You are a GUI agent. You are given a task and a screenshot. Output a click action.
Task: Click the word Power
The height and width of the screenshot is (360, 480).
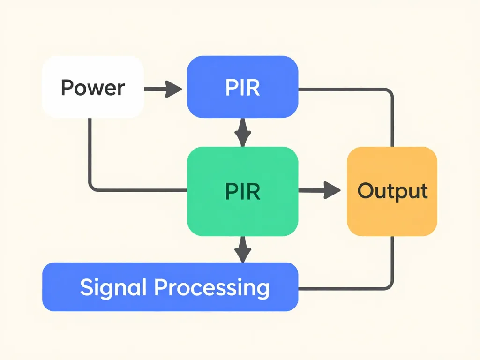pyautogui.click(x=93, y=88)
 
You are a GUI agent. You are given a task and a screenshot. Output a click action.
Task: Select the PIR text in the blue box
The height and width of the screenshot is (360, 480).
pyautogui.click(x=242, y=88)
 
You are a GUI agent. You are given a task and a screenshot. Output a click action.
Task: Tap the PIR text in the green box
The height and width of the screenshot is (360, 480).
pyautogui.click(x=242, y=191)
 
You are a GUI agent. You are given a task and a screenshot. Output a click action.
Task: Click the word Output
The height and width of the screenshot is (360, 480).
pyautogui.click(x=392, y=191)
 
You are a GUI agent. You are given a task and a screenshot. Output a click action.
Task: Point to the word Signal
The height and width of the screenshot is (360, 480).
pyautogui.click(x=114, y=287)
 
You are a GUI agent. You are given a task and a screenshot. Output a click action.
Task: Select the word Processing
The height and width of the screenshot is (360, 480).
pyautogui.click(x=212, y=287)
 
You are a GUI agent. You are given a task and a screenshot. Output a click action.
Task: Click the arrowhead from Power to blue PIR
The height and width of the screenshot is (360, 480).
pyautogui.click(x=173, y=88)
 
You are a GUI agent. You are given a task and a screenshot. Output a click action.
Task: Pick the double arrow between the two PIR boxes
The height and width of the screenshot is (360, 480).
pyautogui.click(x=242, y=132)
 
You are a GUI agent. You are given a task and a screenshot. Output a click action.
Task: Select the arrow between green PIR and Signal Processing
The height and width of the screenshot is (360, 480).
pyautogui.click(x=242, y=249)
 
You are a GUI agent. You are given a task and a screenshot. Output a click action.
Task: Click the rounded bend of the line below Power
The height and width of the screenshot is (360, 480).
pyautogui.click(x=92, y=187)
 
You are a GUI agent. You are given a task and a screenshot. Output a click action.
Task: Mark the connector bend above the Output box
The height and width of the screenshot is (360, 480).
pyautogui.click(x=389, y=92)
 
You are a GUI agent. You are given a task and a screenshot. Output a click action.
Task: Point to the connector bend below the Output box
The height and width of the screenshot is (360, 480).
pyautogui.click(x=389, y=285)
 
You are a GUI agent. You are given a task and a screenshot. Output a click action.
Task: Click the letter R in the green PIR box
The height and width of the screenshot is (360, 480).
pyautogui.click(x=254, y=191)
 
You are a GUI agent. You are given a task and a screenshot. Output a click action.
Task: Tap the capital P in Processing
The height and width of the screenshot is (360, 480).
pyautogui.click(x=160, y=287)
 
